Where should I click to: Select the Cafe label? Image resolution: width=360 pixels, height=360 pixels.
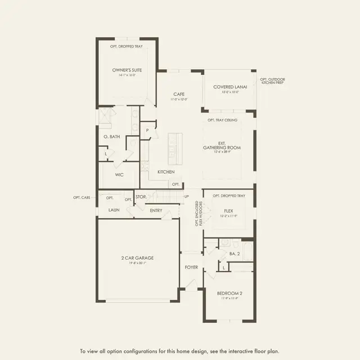click(x=179, y=94)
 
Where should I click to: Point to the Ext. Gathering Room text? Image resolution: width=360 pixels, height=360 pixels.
click(x=222, y=145)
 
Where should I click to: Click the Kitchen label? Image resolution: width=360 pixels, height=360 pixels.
click(x=166, y=172)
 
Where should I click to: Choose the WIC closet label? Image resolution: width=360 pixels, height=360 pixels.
click(x=119, y=175)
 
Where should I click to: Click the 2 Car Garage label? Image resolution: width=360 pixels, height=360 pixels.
click(x=137, y=258)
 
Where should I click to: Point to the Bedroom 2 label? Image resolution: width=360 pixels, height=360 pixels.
click(x=229, y=294)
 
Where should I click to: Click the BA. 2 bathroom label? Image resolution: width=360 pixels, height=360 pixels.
click(x=235, y=254)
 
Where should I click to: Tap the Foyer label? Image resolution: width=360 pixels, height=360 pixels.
click(x=191, y=267)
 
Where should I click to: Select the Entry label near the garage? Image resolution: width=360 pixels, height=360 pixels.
click(x=156, y=210)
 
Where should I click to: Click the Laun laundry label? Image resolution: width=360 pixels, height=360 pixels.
click(x=114, y=210)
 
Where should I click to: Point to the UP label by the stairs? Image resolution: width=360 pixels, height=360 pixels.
click(x=187, y=196)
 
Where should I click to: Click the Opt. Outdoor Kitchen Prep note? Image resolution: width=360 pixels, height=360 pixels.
click(x=272, y=81)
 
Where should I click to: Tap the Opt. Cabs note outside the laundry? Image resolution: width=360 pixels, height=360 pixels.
click(x=82, y=197)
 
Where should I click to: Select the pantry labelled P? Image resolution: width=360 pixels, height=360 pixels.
click(x=147, y=130)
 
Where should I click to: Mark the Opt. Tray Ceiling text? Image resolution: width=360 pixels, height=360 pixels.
click(x=222, y=120)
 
